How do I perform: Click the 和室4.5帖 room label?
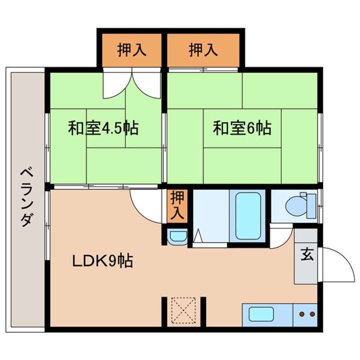point(103,129)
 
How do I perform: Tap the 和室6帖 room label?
point(242,129)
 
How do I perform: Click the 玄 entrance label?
point(306,254)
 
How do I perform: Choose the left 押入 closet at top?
point(131,50)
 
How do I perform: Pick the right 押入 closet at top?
point(203,50)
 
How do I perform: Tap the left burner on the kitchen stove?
point(302,314)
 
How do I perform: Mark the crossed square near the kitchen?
point(184,310)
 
